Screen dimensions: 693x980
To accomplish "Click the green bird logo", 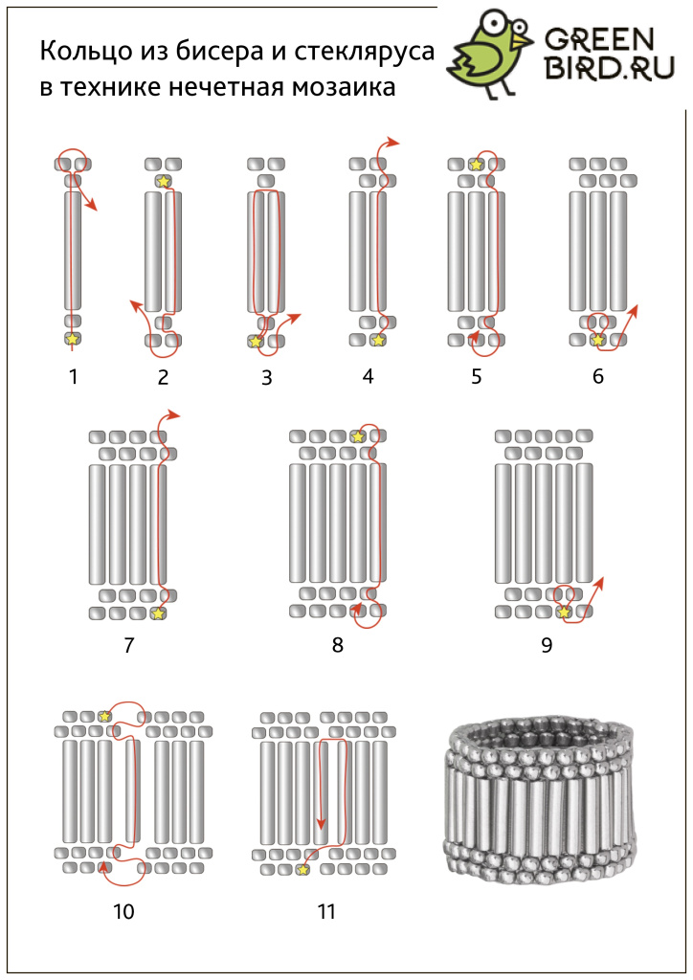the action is click(x=490, y=55).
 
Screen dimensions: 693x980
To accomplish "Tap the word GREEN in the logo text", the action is click(x=599, y=40).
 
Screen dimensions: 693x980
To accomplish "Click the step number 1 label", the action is click(x=74, y=376).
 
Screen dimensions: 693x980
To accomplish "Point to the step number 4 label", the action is click(x=369, y=376).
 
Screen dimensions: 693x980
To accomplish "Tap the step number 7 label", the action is click(x=128, y=644).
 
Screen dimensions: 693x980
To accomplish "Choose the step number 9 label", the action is click(x=547, y=644).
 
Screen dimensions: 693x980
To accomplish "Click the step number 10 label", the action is click(x=123, y=911).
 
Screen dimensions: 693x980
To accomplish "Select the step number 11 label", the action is click(x=326, y=911).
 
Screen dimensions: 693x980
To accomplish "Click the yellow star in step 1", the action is click(x=73, y=339).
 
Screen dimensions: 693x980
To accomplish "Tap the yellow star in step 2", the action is click(x=163, y=181).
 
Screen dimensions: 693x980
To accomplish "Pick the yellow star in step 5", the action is click(x=476, y=165).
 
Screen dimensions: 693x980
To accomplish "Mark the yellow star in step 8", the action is click(x=357, y=436).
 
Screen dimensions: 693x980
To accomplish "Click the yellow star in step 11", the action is click(x=303, y=869).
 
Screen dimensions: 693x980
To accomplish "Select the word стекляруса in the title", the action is click(x=364, y=53).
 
